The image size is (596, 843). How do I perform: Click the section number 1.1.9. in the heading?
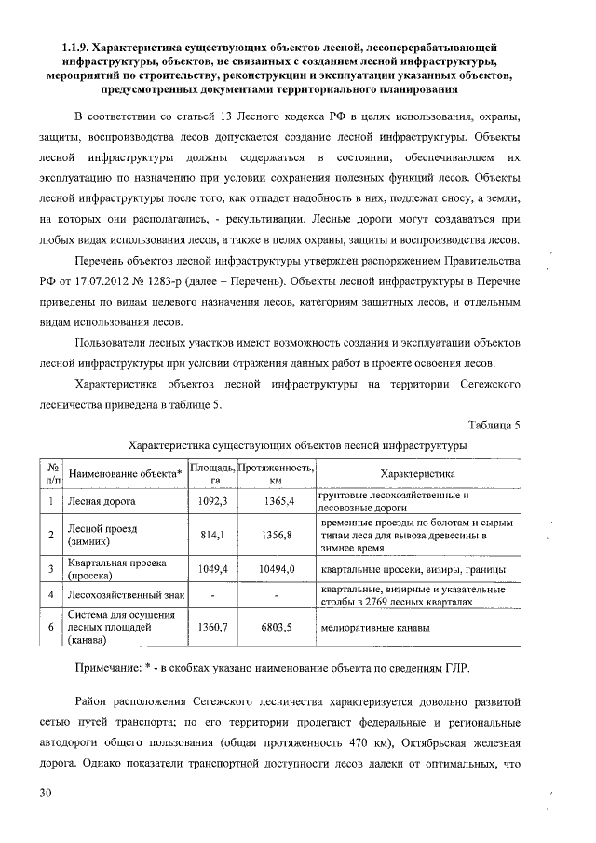[76, 46]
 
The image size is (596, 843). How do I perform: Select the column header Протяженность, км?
[276, 473]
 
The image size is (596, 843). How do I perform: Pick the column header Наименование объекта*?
[126, 473]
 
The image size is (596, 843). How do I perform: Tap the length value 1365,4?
[278, 502]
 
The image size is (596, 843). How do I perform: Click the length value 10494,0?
[278, 569]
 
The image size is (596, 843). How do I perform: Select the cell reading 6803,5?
[278, 628]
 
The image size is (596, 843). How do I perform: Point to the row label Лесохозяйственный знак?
[124, 594]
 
